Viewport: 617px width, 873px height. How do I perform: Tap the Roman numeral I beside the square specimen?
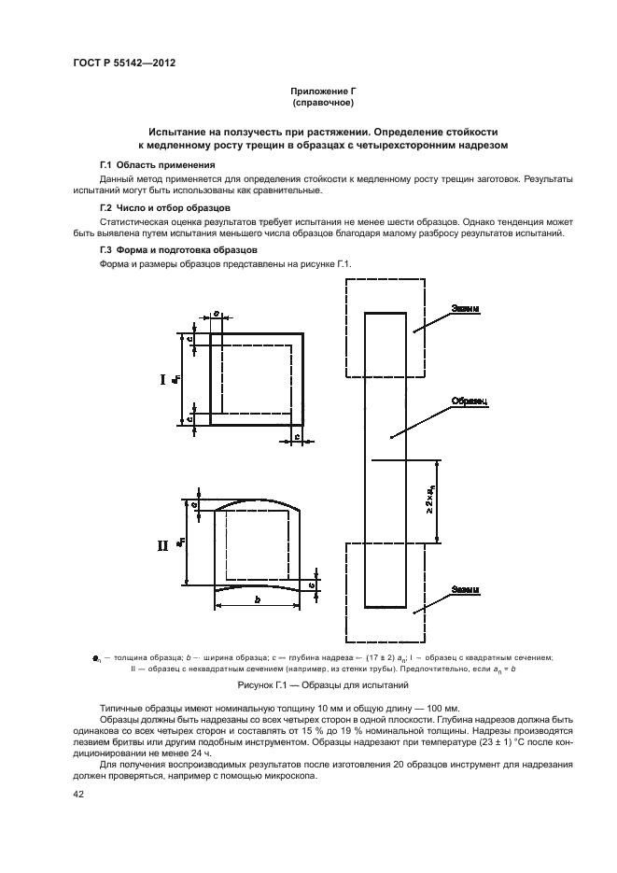point(162,379)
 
